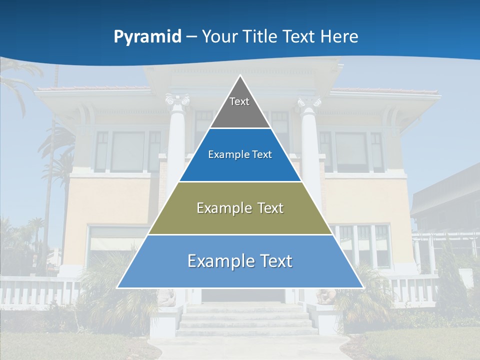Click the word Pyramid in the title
(147, 37)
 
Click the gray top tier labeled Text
(240, 107)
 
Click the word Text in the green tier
(266, 208)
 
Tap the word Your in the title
(220, 36)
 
